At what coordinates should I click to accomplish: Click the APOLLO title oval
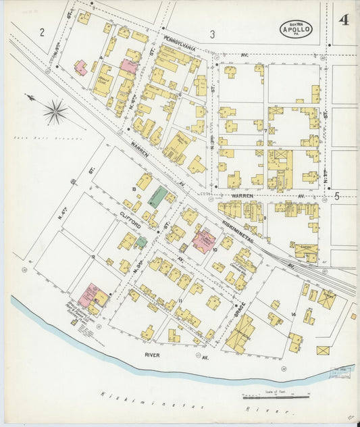coord(297,28)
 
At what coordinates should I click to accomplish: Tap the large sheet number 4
coord(344,20)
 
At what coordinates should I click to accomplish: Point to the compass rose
coord(55,111)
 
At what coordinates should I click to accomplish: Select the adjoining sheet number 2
coord(42,32)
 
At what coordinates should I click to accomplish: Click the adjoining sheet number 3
coord(212,34)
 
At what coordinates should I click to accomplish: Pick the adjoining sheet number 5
coord(336,196)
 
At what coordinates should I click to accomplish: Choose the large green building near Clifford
coord(157,197)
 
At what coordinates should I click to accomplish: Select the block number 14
coord(293,315)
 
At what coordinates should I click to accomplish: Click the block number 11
coord(181,299)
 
